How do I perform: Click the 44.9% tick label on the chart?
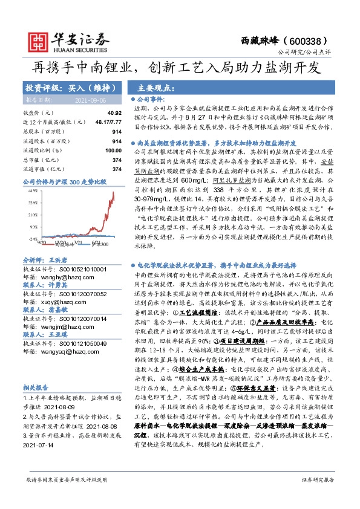click(x=33, y=190)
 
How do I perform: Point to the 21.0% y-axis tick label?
click(x=33, y=215)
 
